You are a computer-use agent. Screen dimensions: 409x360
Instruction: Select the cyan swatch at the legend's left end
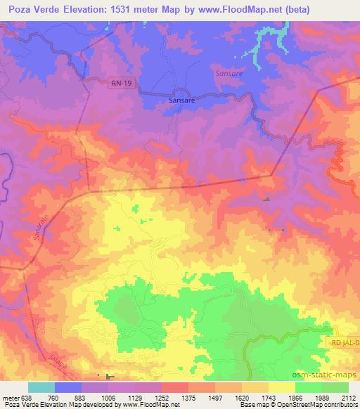(41, 387)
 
